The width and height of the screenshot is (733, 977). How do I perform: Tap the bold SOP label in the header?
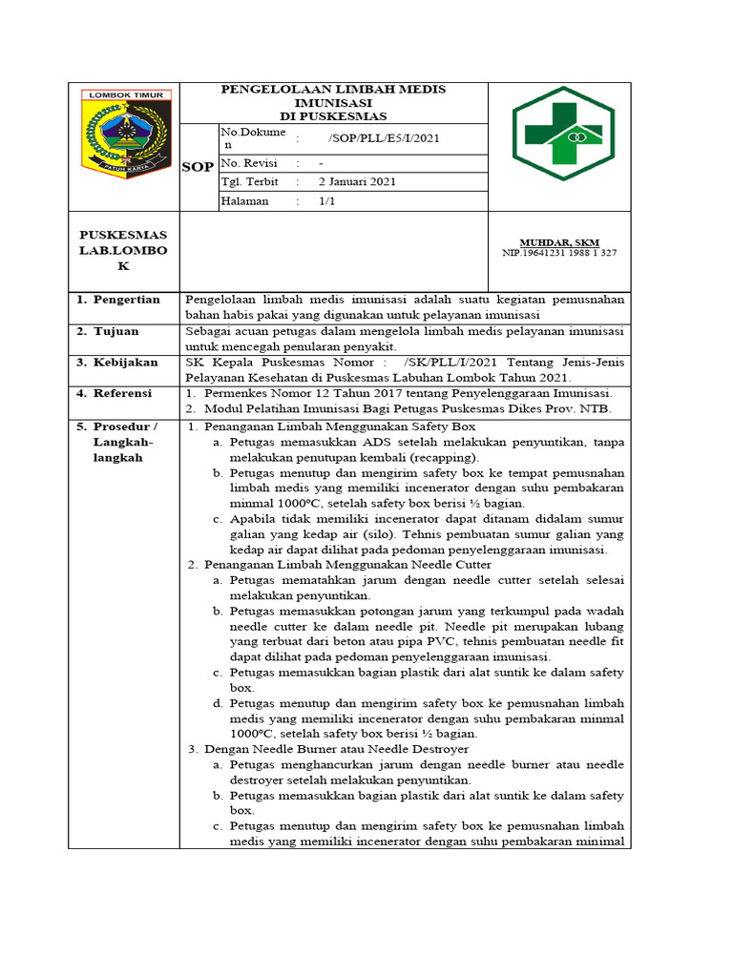(198, 167)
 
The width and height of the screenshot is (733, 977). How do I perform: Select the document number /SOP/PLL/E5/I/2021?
(384, 138)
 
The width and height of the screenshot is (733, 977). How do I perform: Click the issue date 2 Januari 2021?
(357, 181)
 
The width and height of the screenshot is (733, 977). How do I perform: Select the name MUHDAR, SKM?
(558, 242)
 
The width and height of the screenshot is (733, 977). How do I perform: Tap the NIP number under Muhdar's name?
(558, 253)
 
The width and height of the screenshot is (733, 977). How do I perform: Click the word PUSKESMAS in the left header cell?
(123, 235)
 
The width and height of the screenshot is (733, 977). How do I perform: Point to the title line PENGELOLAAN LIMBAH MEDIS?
(333, 89)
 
